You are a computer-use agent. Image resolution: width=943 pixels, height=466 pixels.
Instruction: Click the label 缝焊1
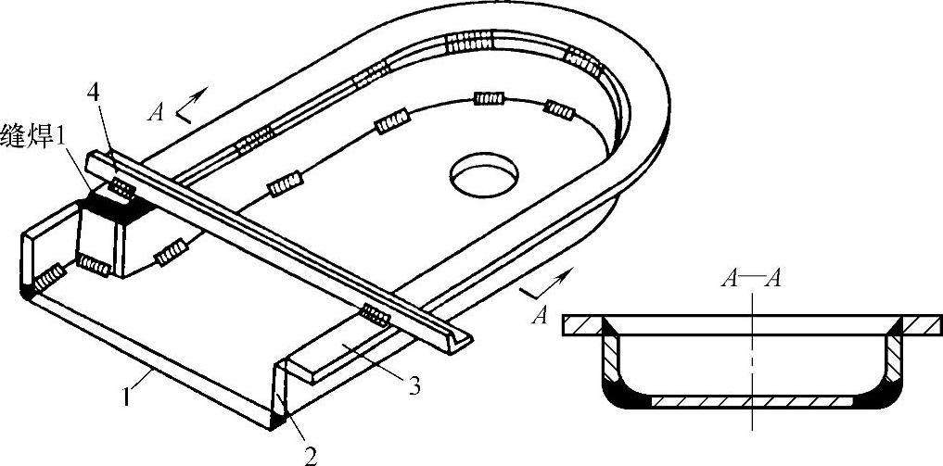tap(35, 131)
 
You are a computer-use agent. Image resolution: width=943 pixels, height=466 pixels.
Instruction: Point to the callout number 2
tap(312, 455)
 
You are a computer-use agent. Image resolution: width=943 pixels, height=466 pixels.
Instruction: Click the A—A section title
tap(752, 280)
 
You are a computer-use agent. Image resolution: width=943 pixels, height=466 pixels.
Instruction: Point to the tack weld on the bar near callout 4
tap(121, 188)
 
